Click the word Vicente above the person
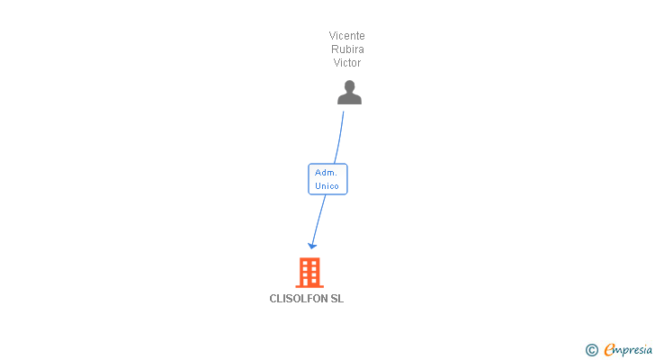point(346,35)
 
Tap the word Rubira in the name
point(347,49)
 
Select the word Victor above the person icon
point(347,63)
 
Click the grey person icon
point(350,93)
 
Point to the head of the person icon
point(350,86)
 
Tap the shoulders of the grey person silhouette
point(350,99)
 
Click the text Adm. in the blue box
point(326,173)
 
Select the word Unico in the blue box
point(327,185)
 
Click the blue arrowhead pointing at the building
point(312,246)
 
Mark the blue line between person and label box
point(340,138)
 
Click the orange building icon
point(310,273)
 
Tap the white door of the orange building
point(310,283)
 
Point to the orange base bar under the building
point(310,287)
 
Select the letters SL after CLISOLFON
point(337,299)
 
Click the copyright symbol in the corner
point(591,350)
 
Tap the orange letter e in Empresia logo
point(610,349)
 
